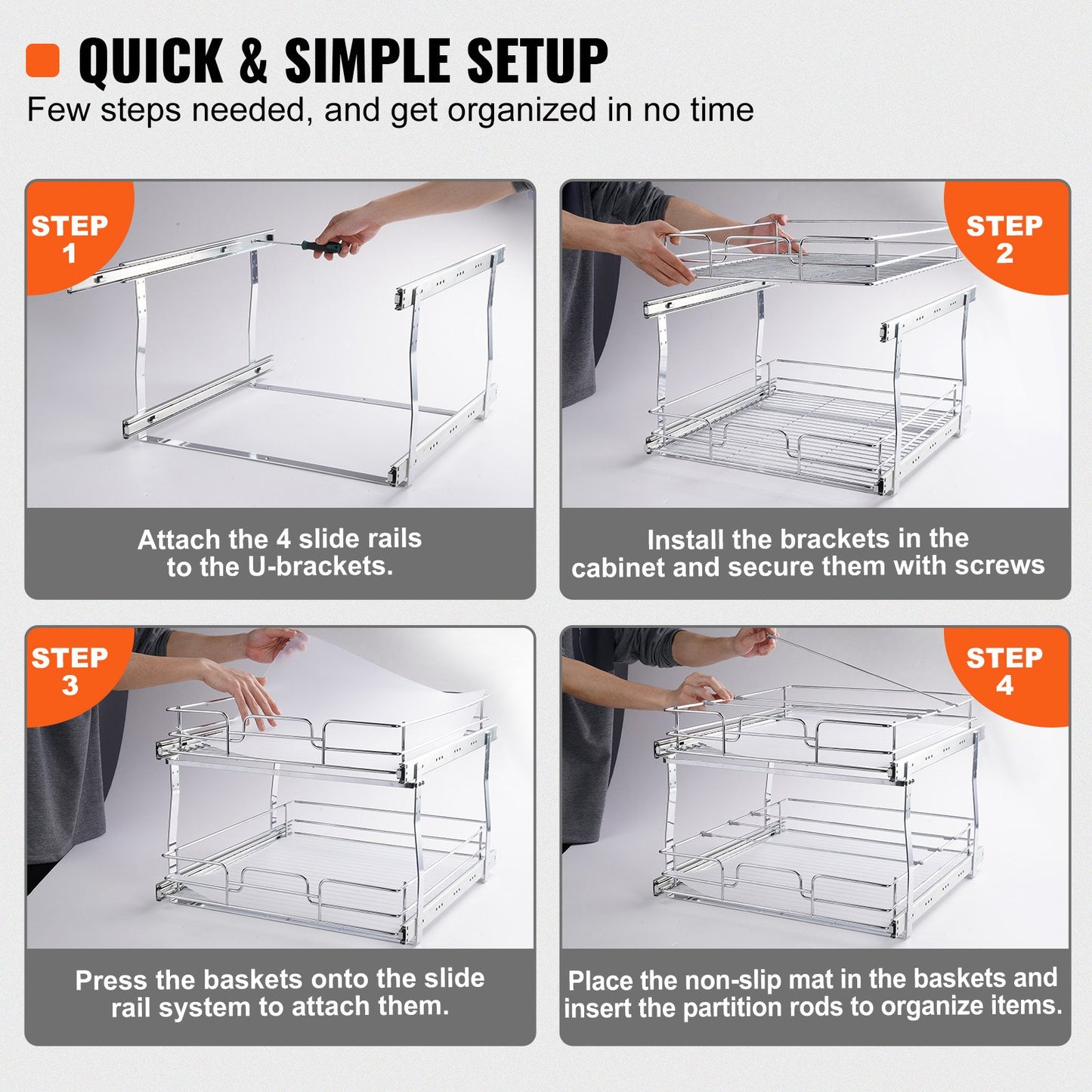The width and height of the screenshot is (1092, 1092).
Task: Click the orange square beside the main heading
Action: point(42,60)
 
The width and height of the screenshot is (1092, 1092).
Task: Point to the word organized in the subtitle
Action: point(522,111)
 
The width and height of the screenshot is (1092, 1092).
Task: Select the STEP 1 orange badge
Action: point(70,237)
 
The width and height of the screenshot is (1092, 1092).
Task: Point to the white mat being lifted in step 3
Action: point(393,680)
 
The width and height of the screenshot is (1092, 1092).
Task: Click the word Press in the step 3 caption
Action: point(112,980)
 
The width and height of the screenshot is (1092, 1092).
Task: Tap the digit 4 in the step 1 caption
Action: point(283,539)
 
